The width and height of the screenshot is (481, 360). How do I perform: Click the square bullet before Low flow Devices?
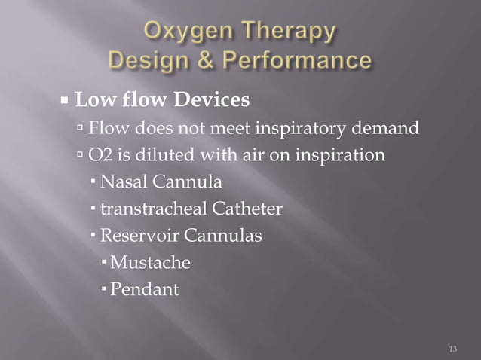pyautogui.click(x=66, y=99)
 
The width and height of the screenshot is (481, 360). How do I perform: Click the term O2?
pyautogui.click(x=100, y=156)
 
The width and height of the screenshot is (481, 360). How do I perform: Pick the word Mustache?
pyautogui.click(x=149, y=263)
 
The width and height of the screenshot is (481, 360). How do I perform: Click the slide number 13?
pyautogui.click(x=452, y=349)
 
